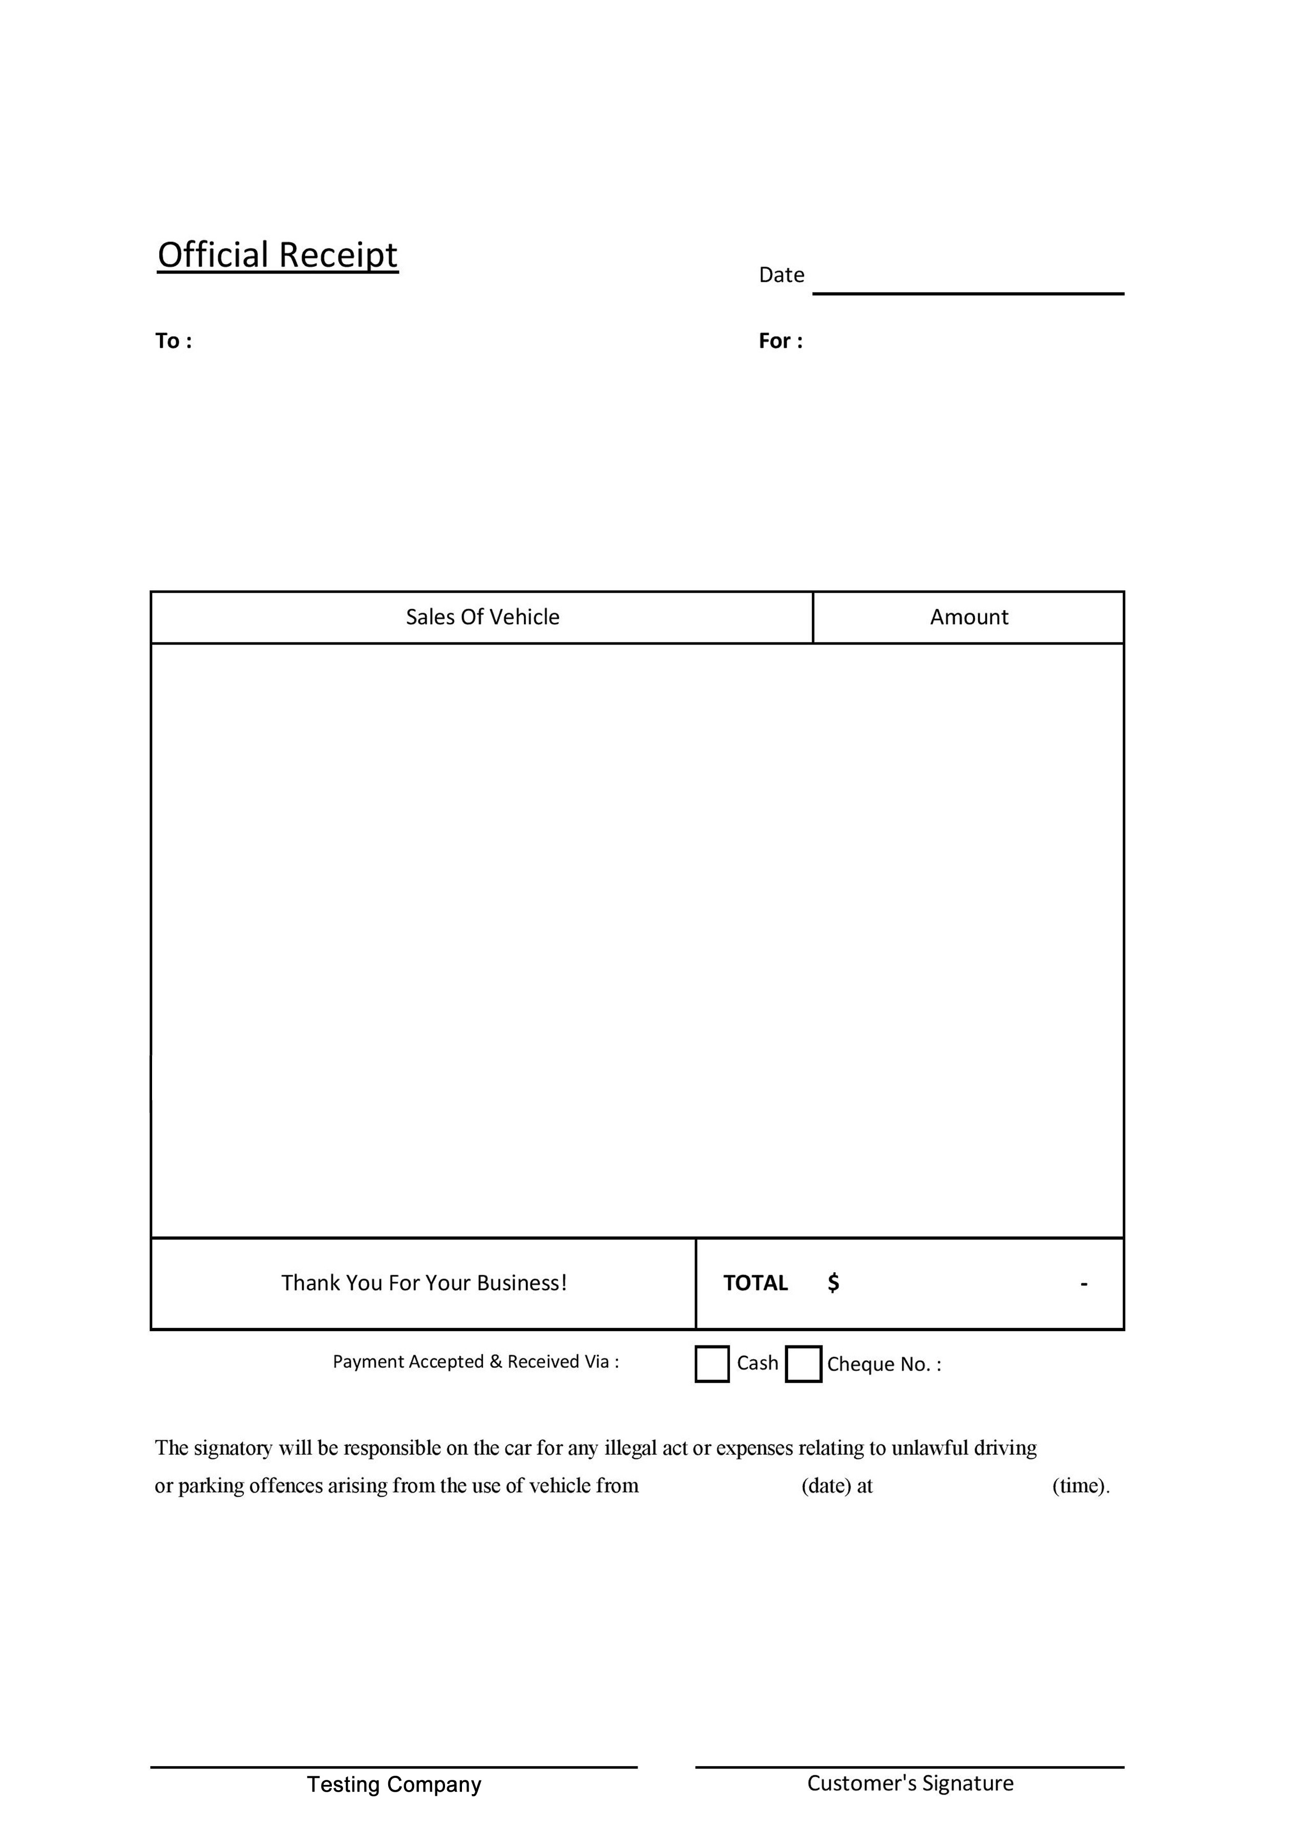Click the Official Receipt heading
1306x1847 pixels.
point(278,255)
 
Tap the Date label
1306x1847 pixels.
point(781,275)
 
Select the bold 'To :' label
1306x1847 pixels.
point(173,341)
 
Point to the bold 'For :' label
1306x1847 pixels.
point(780,341)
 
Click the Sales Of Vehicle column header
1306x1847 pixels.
point(482,617)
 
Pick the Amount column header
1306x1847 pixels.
point(968,617)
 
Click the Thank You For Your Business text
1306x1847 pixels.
point(424,1282)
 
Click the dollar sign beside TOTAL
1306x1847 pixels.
point(833,1282)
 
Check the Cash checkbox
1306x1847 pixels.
point(712,1363)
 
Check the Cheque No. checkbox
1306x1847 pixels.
point(803,1363)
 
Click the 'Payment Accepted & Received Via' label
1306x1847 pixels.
point(475,1361)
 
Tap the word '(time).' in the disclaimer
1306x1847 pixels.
point(1080,1485)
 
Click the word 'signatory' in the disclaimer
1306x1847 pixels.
point(233,1448)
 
